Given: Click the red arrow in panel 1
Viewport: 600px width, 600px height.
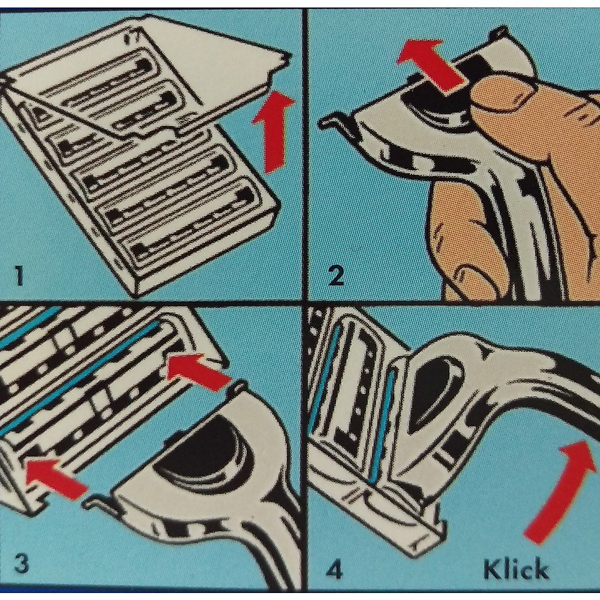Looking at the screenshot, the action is pyautogui.click(x=272, y=131).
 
